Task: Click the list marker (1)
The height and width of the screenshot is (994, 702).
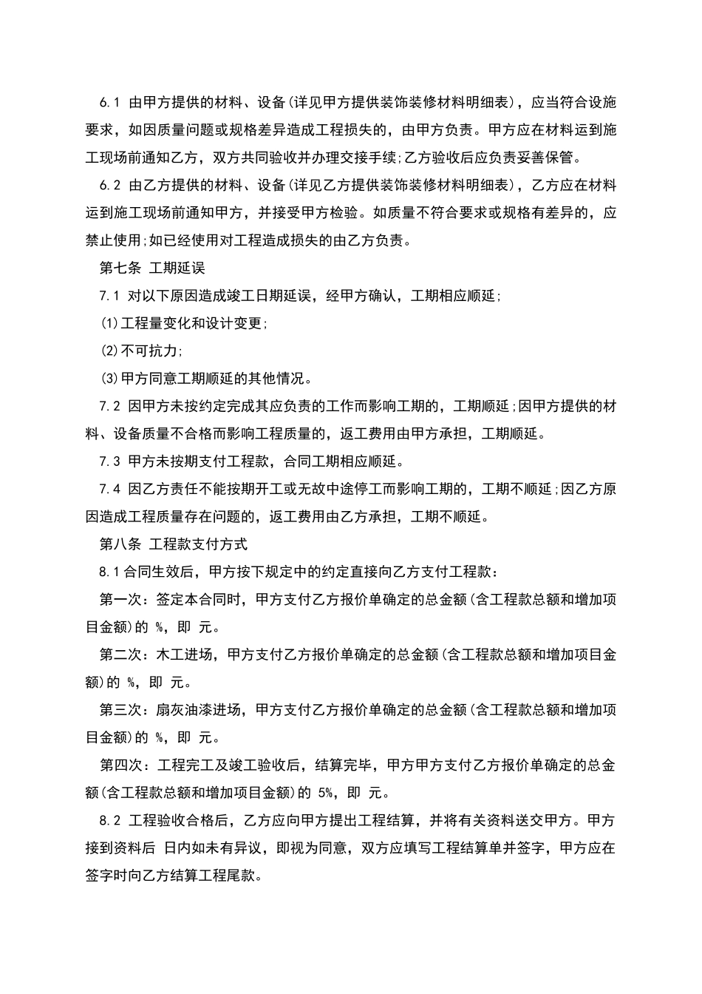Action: [109, 323]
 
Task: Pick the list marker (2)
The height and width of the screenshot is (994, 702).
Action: [109, 351]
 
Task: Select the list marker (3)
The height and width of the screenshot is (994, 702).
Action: [109, 379]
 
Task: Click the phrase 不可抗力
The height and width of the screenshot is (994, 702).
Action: [149, 351]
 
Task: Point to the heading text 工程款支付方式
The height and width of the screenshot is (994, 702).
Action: [198, 544]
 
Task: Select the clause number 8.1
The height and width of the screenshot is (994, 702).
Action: [109, 572]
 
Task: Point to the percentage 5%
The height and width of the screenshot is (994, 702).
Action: [327, 793]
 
